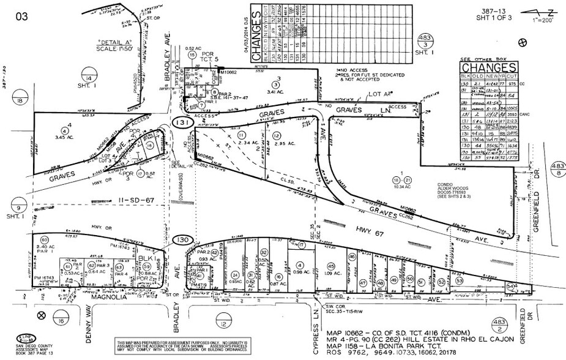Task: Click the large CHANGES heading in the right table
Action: tap(486, 67)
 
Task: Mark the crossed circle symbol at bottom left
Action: tap(41, 315)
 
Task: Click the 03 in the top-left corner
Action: tap(21, 16)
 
